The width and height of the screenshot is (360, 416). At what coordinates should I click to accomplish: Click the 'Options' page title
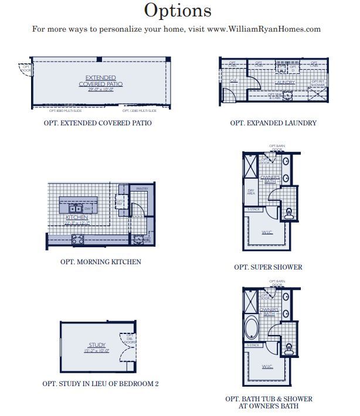177,11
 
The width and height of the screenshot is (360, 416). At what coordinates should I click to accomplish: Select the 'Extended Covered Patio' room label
100,81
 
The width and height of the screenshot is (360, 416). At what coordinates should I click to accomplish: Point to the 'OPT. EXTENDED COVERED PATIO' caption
97,124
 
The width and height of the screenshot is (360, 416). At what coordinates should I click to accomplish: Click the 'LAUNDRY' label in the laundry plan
284,83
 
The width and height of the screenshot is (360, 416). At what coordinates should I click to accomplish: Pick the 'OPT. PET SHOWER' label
317,83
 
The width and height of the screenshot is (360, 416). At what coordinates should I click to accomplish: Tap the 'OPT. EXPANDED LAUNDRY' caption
273,124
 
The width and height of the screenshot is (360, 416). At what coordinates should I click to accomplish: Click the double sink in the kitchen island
76,208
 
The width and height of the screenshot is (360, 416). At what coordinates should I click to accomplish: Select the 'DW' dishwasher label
87,208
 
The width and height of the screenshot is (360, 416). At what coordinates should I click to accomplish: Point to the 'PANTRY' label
141,189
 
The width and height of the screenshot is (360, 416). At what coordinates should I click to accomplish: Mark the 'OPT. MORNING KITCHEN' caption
100,262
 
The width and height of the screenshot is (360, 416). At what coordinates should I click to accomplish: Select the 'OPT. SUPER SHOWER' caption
268,267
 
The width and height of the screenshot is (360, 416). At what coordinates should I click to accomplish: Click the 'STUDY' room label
97,345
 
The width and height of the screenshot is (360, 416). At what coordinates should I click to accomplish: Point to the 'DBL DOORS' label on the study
130,339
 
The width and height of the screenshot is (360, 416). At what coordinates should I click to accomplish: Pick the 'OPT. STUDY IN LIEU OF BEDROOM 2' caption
100,384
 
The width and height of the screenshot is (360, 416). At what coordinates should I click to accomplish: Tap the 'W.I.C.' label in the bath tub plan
267,366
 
